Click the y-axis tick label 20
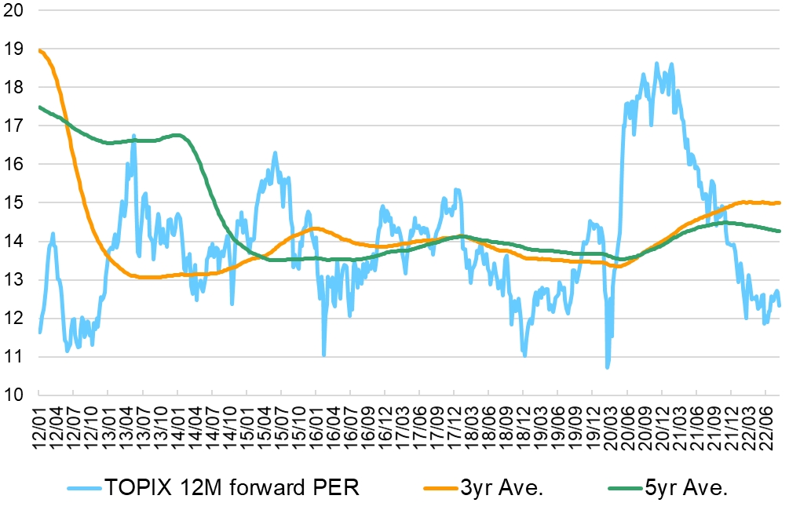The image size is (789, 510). click(15, 11)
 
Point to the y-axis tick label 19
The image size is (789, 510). click(15, 49)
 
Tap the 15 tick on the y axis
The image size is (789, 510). click(15, 202)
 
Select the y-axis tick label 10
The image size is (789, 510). click(15, 395)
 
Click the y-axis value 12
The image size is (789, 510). click(15, 318)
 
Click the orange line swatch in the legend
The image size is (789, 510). click(440, 488)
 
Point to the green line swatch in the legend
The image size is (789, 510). click(625, 488)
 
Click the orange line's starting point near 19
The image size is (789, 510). click(39, 51)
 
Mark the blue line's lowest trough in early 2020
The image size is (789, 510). click(608, 366)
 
